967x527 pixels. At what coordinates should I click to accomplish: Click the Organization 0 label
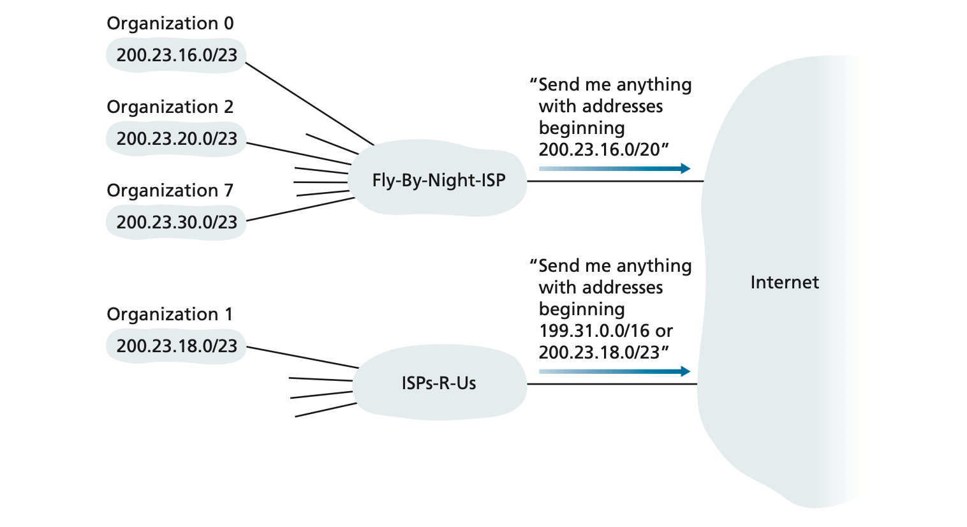170,24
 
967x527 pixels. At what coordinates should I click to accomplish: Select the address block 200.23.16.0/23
177,56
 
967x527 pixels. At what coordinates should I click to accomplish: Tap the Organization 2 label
170,107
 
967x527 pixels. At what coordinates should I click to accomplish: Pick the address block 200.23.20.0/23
177,138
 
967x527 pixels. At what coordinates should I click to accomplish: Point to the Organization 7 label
170,191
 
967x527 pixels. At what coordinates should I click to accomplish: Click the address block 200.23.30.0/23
177,222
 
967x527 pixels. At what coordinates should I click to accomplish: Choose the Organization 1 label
170,314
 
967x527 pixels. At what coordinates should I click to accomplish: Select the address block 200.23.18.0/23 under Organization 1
177,346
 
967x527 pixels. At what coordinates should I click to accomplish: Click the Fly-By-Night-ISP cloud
438,178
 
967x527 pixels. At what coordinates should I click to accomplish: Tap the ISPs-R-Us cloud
439,382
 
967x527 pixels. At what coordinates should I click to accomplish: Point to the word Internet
785,283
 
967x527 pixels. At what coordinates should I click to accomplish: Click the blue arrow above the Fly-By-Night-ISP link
615,168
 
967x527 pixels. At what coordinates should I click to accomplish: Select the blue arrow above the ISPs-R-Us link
615,371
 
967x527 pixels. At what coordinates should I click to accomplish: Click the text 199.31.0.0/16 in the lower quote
594,331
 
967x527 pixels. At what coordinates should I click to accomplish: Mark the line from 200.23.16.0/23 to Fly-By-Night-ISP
309,103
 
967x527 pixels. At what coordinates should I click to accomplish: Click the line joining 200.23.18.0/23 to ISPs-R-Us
302,357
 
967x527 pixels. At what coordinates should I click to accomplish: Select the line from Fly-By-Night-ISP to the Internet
615,181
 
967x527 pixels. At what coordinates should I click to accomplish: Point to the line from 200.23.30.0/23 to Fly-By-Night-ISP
300,209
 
